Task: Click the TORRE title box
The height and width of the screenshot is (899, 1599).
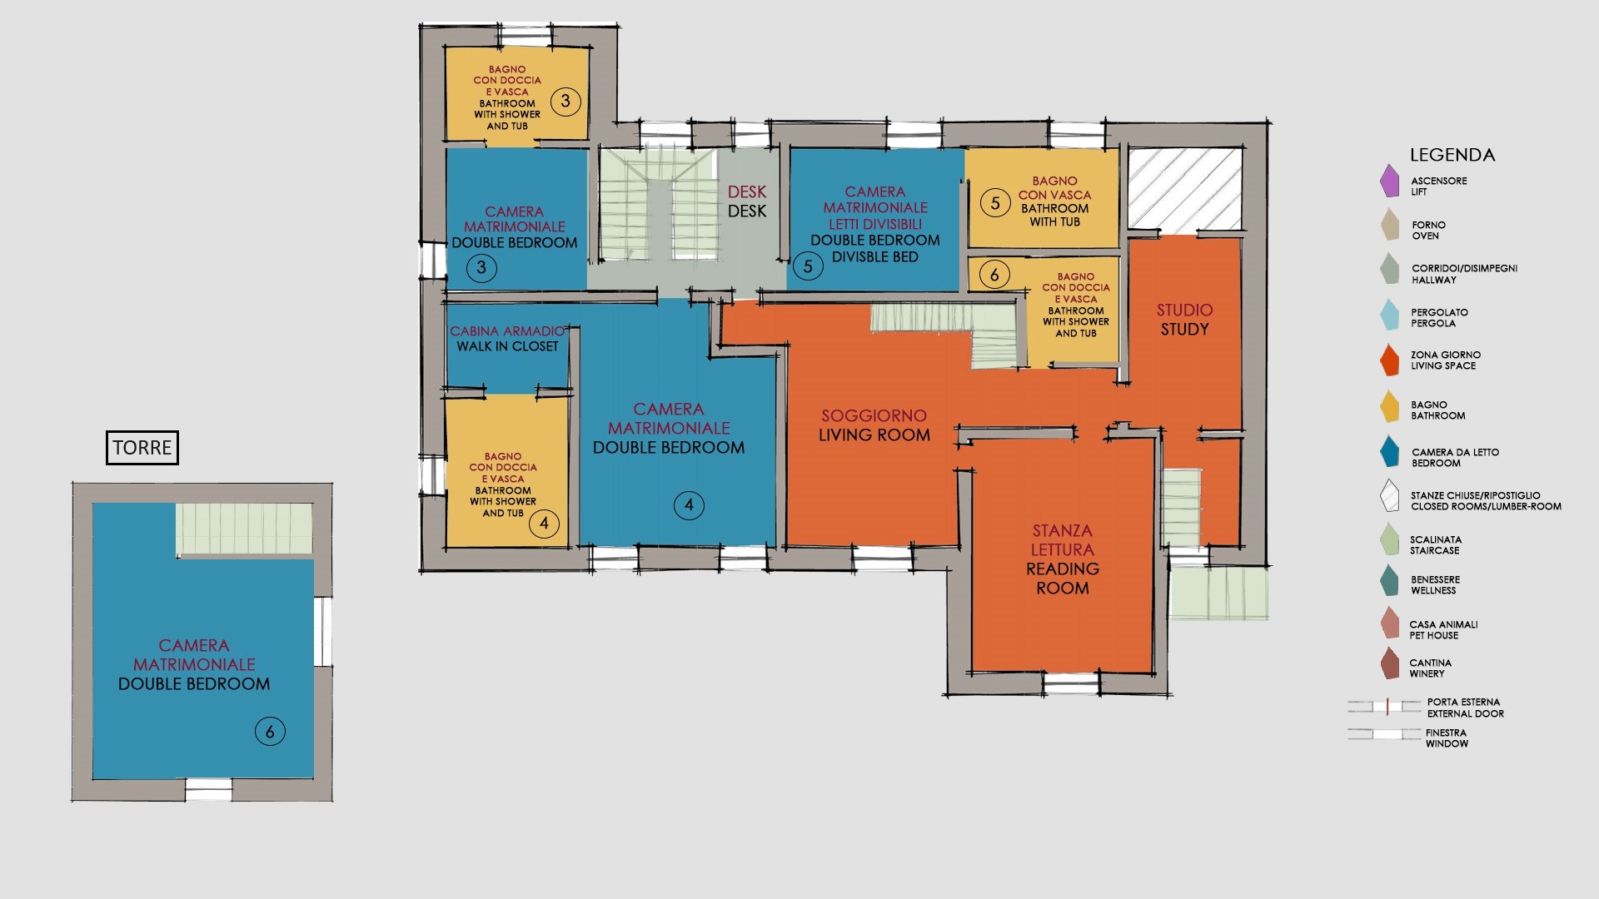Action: [x=142, y=447]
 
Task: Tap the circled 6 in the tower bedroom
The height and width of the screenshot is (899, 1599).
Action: [x=270, y=732]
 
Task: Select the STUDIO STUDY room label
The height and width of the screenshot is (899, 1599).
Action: [x=1184, y=320]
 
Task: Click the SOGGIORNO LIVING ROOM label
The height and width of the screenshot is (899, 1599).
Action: [x=874, y=425]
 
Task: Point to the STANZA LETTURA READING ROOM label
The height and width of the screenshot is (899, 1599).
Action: [x=1063, y=559]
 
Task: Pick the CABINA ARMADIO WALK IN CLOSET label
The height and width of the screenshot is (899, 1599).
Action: [x=507, y=339]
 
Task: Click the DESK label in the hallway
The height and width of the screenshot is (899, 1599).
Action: [x=747, y=201]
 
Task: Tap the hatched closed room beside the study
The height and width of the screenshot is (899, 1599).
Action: [x=1185, y=189]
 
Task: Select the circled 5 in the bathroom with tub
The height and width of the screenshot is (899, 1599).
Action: [x=994, y=203]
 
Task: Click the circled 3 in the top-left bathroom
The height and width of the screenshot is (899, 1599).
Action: [x=565, y=102]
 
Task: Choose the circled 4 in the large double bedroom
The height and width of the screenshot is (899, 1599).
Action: [x=689, y=504]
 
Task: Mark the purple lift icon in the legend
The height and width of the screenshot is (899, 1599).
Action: [x=1389, y=181]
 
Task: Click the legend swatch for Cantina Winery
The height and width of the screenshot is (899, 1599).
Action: [x=1389, y=663]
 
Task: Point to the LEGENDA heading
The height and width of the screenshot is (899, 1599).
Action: [x=1452, y=155]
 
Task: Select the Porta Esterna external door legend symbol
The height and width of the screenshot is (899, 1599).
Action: [x=1385, y=707]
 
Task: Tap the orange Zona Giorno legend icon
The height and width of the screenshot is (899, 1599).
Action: [x=1389, y=360]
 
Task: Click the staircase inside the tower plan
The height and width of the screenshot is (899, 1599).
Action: [x=244, y=528]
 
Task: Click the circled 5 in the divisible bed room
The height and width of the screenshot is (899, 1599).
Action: [x=807, y=267]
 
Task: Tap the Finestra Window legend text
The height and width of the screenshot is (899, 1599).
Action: [x=1447, y=738]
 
